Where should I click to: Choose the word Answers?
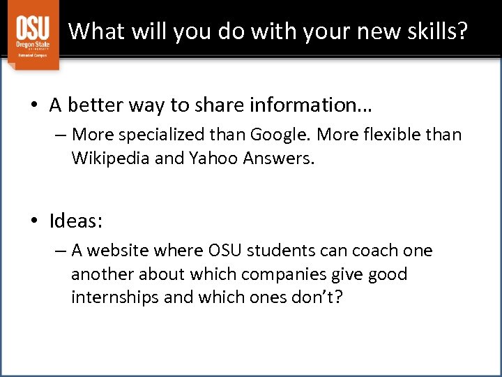click(x=279, y=158)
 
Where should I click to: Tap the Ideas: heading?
click(x=76, y=221)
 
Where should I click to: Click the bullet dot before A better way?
click(x=35, y=105)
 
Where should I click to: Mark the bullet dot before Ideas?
click(x=35, y=222)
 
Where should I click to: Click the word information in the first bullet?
click(x=317, y=105)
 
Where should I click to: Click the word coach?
click(x=374, y=251)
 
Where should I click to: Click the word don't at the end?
click(x=319, y=297)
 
